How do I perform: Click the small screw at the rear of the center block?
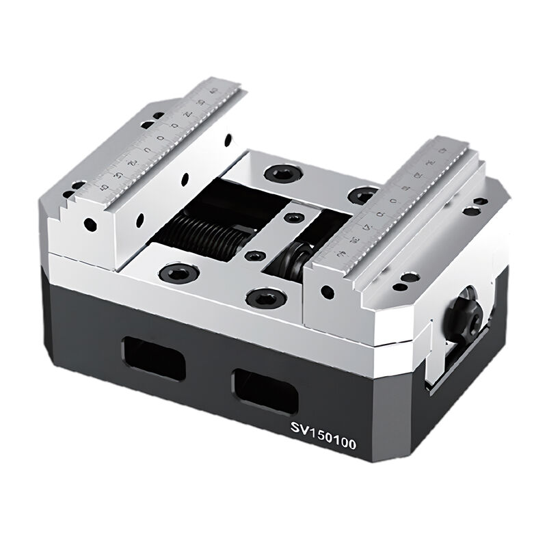click(294, 218)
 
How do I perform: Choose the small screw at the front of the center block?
click(255, 257)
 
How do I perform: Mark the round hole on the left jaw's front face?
click(88, 224)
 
